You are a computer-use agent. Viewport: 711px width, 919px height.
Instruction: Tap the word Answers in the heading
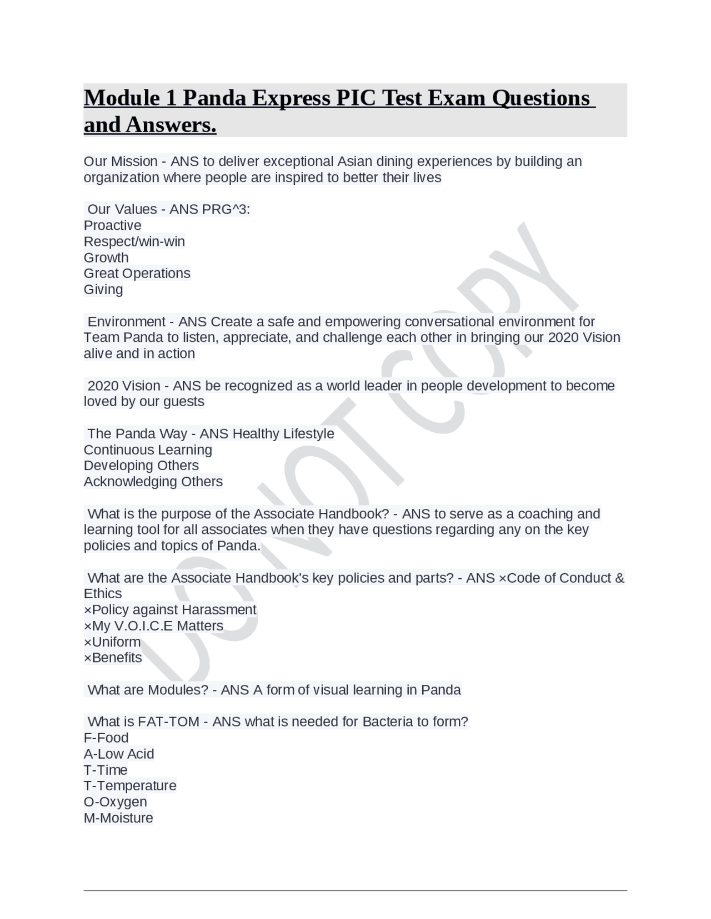(171, 125)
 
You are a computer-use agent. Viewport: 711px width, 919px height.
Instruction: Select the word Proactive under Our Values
(113, 225)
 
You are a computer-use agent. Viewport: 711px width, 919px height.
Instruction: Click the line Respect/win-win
(134, 241)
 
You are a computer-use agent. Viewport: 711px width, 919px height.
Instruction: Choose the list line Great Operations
(137, 273)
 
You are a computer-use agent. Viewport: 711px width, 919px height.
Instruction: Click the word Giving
(103, 289)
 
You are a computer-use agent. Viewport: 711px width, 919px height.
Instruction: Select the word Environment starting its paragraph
(127, 322)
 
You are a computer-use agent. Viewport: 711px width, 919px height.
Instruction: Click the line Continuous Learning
(148, 450)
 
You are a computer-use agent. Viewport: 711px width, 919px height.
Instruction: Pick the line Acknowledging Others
(153, 481)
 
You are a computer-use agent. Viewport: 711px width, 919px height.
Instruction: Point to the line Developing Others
(141, 465)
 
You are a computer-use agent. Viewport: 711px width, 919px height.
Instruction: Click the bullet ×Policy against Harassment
(170, 609)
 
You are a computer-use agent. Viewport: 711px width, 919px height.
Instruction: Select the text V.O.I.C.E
(143, 625)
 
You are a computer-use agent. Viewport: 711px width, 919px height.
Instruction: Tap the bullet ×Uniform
(112, 642)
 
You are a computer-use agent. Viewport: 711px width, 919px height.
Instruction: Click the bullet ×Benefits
(113, 658)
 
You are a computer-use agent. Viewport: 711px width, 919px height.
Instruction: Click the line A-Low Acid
(119, 754)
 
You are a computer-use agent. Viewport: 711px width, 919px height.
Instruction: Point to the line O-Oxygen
(116, 802)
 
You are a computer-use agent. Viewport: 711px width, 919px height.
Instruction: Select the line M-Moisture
(118, 818)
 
